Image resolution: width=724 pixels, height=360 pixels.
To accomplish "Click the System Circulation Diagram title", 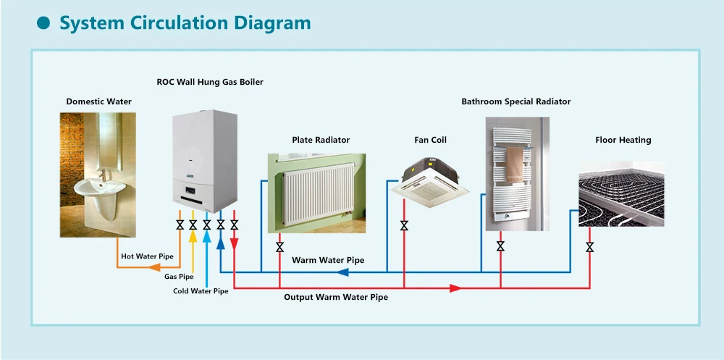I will [x=185, y=23].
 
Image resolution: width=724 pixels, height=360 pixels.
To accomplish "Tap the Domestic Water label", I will [x=98, y=101].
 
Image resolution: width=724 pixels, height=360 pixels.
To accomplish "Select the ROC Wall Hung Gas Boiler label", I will [x=210, y=83].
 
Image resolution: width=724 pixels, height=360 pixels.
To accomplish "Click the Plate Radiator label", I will [x=321, y=140].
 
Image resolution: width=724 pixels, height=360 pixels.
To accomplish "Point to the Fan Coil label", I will [x=430, y=140].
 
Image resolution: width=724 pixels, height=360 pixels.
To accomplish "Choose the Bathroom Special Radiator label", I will [x=515, y=101].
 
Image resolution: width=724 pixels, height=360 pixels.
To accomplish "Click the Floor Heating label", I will [x=623, y=140].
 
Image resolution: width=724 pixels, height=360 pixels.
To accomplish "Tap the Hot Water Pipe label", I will [x=147, y=256].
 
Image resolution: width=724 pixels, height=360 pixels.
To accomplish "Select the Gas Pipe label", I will [x=179, y=277].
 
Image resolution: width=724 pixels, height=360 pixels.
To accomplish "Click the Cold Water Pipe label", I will [x=201, y=291].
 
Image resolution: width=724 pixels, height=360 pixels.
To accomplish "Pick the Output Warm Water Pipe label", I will [x=335, y=297].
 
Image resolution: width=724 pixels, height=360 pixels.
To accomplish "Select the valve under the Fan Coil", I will [x=404, y=226].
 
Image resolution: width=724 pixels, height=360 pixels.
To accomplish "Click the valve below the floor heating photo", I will [x=590, y=247].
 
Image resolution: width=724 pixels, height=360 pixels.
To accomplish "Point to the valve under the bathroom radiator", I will [x=500, y=246].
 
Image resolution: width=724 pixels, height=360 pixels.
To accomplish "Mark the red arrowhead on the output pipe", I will [x=455, y=288].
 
